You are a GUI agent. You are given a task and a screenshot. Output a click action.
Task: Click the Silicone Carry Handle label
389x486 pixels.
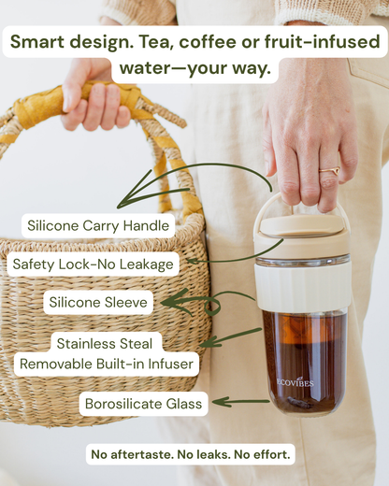pyautogui.click(x=98, y=225)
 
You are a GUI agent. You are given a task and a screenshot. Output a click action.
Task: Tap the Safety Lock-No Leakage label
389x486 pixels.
pyautogui.click(x=94, y=264)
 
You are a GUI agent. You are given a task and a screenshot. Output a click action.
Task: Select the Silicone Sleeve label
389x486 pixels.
pyautogui.click(x=99, y=302)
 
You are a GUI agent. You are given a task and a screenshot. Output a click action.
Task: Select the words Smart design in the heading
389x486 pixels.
pyautogui.click(x=75, y=41)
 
